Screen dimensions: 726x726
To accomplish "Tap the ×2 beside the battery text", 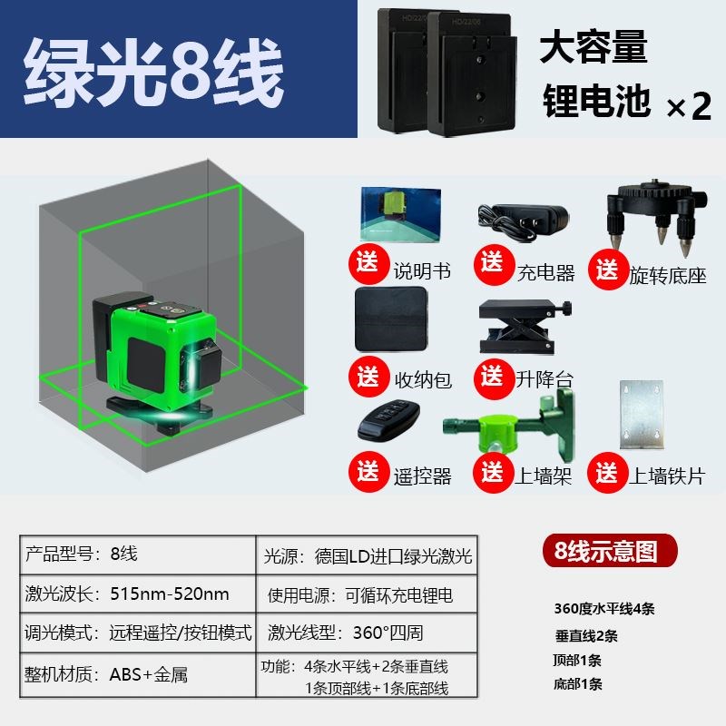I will [689, 107].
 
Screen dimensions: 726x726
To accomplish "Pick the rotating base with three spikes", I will [652, 214].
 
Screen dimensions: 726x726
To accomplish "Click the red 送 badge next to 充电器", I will [492, 264].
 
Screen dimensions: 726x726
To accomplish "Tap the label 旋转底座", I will [667, 275].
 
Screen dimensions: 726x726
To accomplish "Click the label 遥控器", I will [421, 476].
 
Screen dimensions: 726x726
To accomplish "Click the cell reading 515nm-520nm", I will [169, 594].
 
